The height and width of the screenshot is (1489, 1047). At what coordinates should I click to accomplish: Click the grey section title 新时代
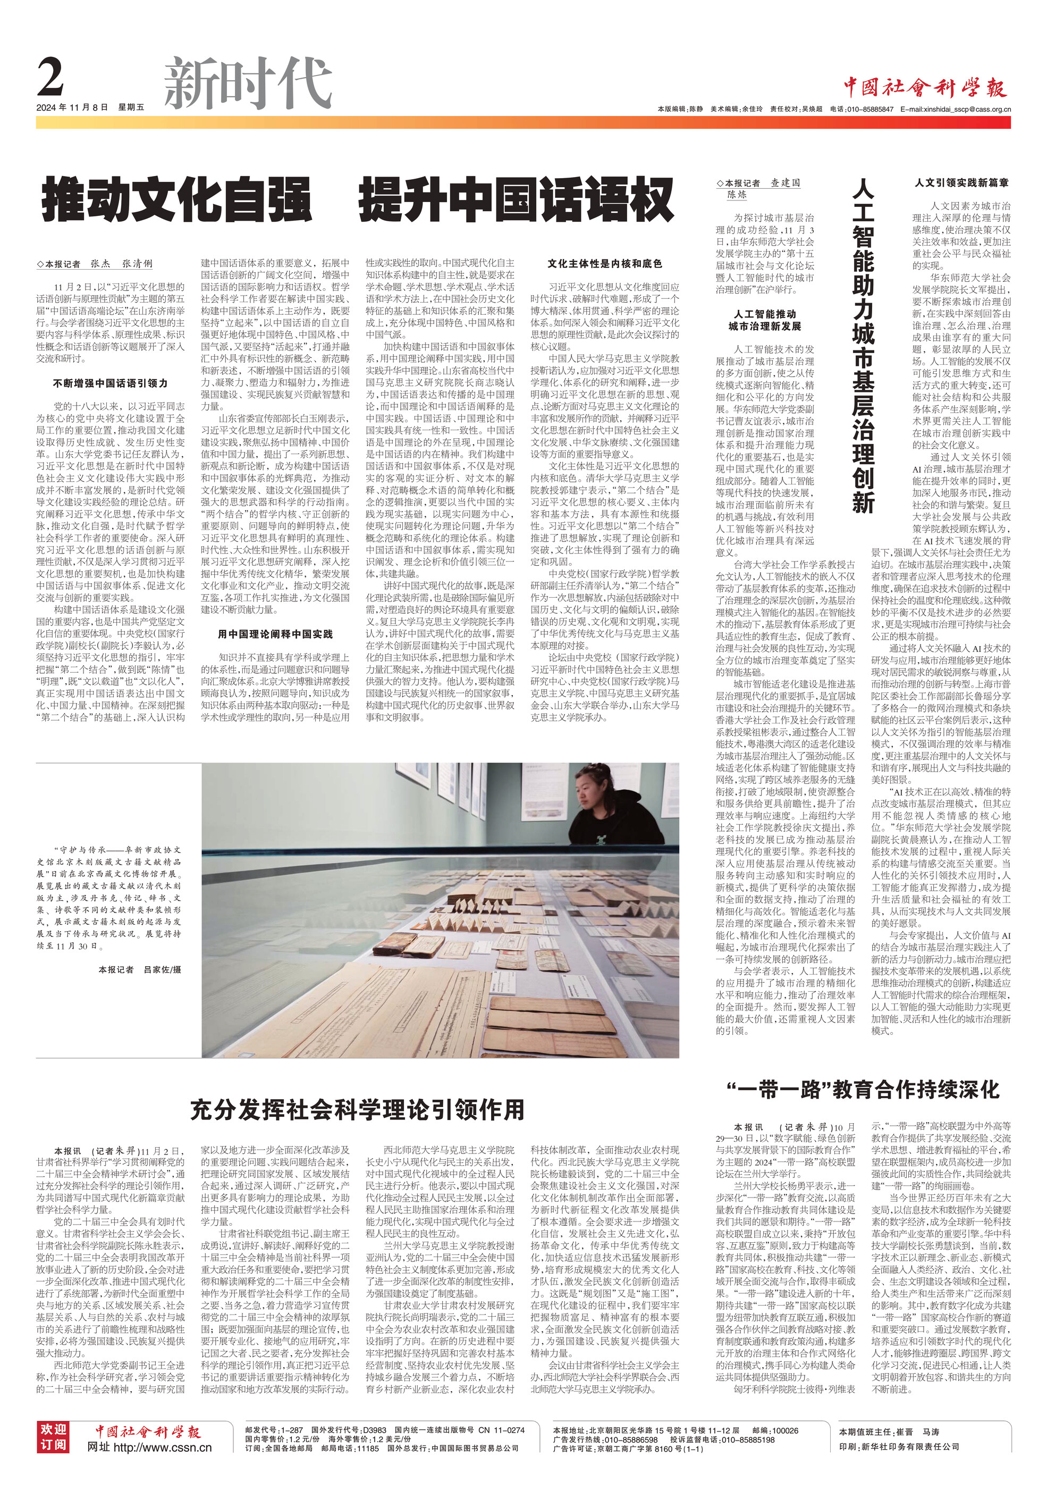coord(248,83)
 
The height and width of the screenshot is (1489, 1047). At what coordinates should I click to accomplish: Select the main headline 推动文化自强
coord(176,201)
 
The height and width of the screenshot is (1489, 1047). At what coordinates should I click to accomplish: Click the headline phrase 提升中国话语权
coord(516,201)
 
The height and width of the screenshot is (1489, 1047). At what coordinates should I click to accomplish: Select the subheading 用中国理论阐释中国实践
coord(275,633)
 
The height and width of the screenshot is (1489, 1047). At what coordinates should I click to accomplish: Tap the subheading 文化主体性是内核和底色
coord(604,263)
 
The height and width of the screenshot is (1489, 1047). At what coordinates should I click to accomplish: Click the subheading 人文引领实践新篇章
coord(961,183)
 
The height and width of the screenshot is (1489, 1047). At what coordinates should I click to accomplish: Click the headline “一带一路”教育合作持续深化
coord(864,1090)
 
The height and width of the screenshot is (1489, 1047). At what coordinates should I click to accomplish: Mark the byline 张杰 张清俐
coord(121,264)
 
